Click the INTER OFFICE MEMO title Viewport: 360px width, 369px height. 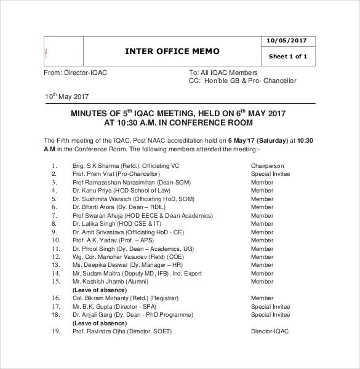click(172, 51)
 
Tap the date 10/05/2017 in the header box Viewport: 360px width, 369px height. click(286, 41)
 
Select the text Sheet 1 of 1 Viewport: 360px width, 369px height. click(288, 57)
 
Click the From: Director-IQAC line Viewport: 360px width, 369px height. click(76, 73)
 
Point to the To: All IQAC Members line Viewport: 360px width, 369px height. click(223, 73)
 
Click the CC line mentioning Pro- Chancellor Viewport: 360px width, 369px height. click(242, 81)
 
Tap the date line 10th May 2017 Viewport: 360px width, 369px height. click(66, 97)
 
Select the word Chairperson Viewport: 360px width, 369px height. click(266, 166)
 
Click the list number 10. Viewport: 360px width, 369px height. click(55, 240)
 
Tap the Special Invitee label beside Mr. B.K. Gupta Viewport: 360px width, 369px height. click(270, 306)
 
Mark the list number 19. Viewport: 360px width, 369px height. click(55, 331)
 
